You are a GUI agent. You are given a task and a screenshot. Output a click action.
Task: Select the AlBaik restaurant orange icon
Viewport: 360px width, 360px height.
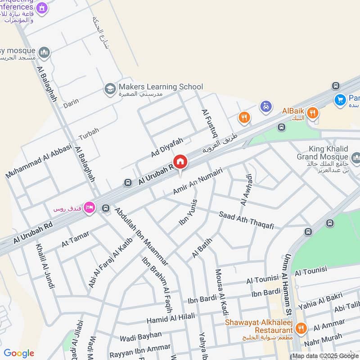click(313, 112)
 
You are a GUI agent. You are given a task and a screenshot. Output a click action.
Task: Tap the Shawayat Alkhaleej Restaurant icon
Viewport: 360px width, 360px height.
click(301, 329)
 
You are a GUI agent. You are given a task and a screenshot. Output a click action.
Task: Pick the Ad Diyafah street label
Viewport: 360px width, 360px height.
click(167, 148)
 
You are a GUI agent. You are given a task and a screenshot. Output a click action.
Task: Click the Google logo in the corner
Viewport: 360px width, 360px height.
click(18, 353)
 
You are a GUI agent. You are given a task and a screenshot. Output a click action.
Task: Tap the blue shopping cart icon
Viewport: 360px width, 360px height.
click(340, 99)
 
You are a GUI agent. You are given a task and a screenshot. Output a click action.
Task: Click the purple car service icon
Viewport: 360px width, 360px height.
click(266, 107)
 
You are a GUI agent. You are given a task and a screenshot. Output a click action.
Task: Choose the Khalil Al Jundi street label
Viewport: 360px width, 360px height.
click(45, 266)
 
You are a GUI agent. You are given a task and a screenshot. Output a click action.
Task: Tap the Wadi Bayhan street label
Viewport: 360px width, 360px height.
click(140, 335)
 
